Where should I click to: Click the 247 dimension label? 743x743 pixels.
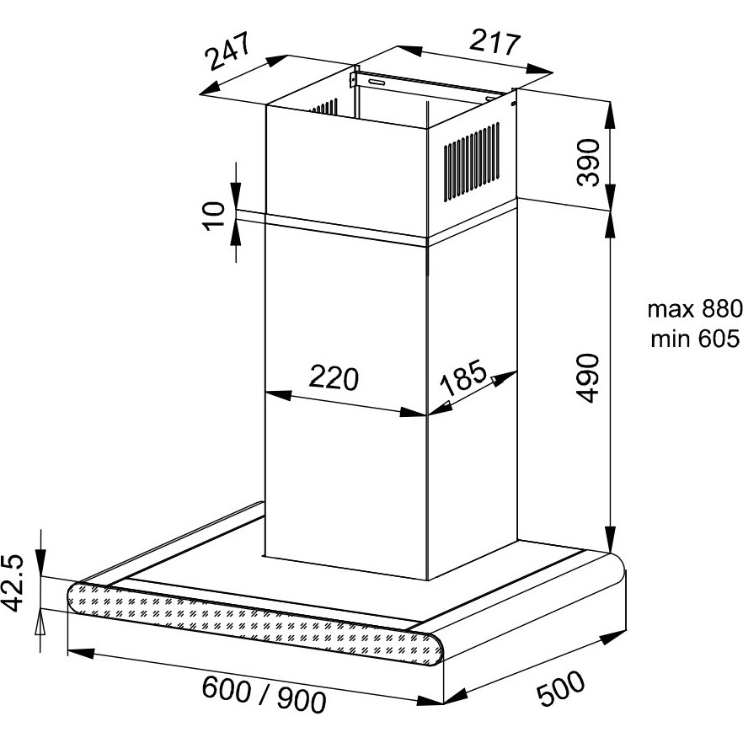227,51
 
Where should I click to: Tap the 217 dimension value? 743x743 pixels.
494,43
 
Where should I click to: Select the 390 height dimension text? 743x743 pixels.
589,162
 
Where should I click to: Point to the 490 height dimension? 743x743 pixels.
589,377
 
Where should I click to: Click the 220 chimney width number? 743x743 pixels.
334,377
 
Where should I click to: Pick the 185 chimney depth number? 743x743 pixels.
464,377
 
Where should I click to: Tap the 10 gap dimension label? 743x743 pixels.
214,216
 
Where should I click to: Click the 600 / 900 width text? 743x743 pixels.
264,694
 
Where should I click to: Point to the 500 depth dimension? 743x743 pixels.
561,688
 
